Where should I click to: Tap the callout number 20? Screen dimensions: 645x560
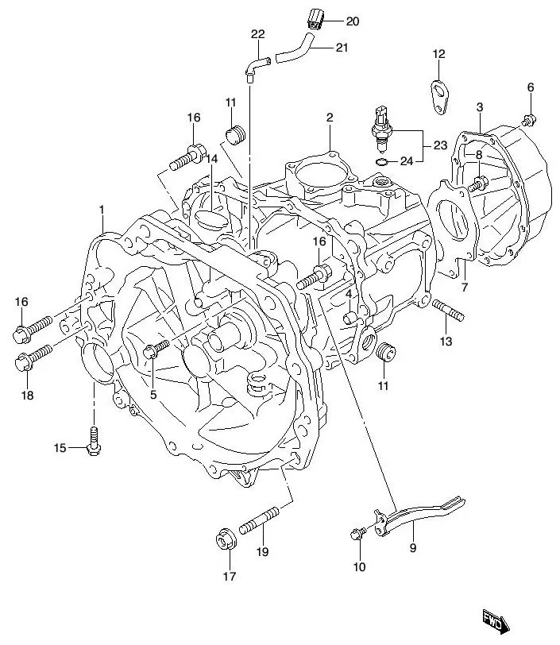(x=352, y=21)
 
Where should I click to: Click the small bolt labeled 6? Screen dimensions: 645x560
(x=529, y=120)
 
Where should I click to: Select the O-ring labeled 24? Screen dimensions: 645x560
(x=382, y=163)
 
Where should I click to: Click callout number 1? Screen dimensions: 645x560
(x=102, y=209)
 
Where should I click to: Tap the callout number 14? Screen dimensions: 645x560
(x=211, y=159)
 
